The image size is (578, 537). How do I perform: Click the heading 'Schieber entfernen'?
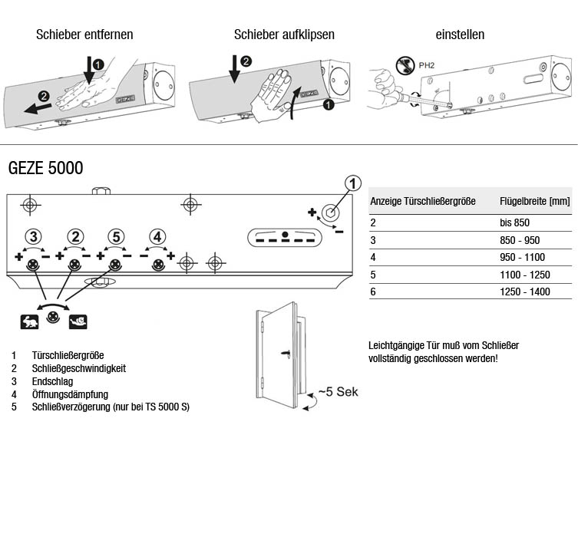coord(84,35)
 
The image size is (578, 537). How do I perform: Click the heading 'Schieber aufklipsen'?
coord(284,35)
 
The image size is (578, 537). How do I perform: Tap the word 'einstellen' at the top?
coord(460,35)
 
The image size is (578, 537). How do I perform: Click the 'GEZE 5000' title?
coord(45,168)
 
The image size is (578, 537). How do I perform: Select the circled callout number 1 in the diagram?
coord(352,183)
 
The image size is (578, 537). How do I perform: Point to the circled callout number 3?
coord(33,236)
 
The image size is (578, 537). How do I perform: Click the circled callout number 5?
coord(115,236)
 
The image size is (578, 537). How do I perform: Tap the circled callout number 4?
coord(157,236)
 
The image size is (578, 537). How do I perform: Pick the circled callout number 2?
coord(74,236)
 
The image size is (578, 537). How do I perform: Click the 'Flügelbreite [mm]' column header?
coord(534,201)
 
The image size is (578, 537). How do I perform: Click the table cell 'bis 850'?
coord(515,222)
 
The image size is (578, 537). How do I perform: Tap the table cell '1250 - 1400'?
coord(524,292)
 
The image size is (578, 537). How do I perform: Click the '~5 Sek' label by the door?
coord(339,392)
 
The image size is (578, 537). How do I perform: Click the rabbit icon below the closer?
coord(28,321)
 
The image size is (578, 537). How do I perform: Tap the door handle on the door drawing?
coord(285,354)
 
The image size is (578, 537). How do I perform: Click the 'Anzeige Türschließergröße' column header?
coord(423,201)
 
